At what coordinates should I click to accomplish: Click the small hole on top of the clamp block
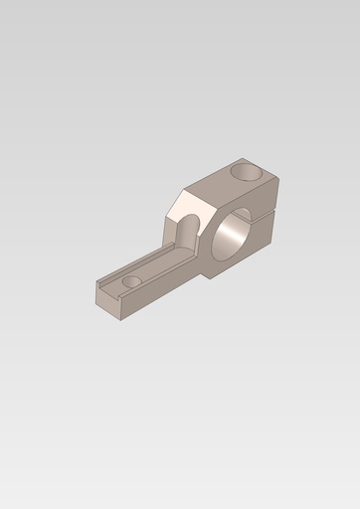pyautogui.click(x=248, y=172)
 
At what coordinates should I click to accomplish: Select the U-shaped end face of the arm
pyautogui.click(x=107, y=300)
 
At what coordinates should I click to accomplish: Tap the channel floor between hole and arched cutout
pyautogui.click(x=159, y=260)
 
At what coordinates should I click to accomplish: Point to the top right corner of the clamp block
pyautogui.click(x=277, y=179)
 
